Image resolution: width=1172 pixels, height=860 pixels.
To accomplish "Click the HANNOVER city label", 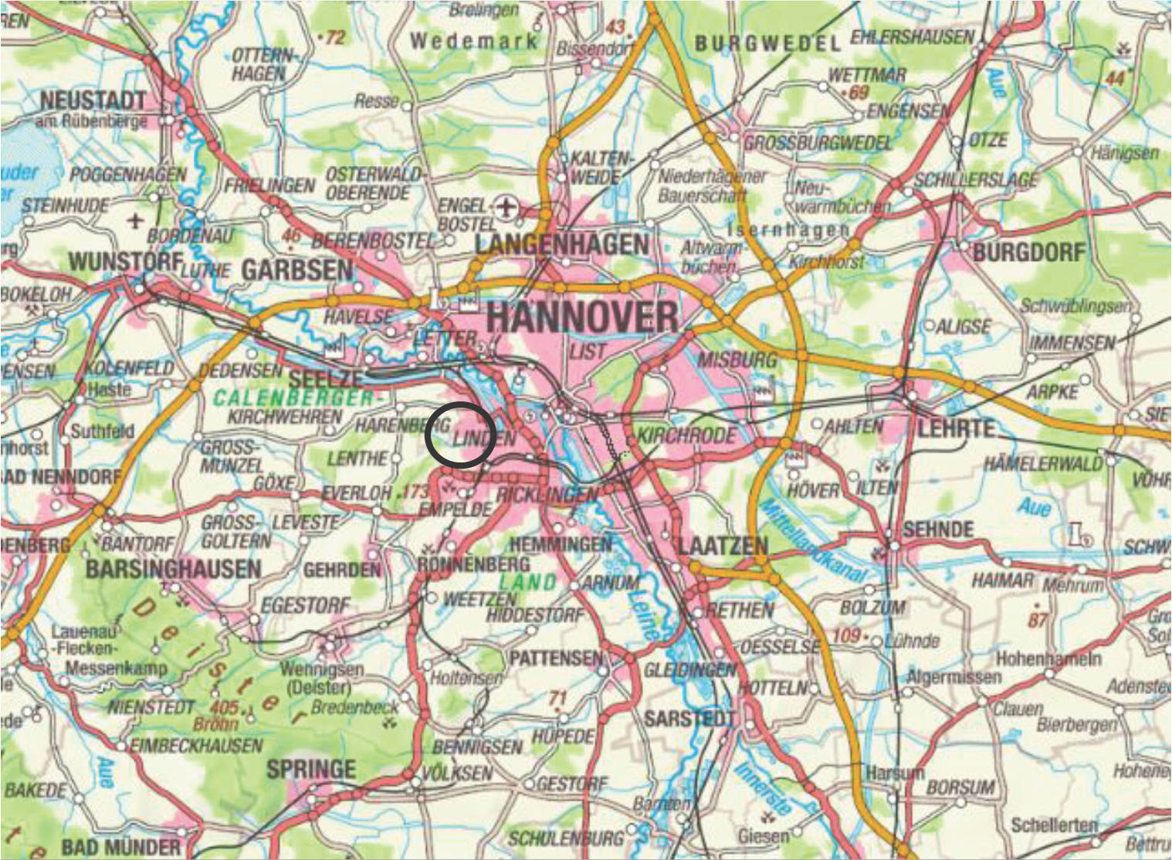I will click(x=583, y=317).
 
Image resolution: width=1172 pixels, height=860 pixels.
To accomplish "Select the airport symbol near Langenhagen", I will click(x=506, y=207).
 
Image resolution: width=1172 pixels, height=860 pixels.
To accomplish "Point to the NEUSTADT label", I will click(x=93, y=100).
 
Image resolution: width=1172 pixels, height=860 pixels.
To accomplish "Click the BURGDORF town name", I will click(x=1028, y=252).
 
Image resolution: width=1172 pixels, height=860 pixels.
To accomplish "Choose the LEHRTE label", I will click(x=956, y=428).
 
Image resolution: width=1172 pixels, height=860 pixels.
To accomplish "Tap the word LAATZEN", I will click(x=723, y=546).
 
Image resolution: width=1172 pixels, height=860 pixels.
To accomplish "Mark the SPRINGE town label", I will click(x=311, y=769).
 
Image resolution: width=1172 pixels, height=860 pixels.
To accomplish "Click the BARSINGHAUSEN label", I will click(x=173, y=570).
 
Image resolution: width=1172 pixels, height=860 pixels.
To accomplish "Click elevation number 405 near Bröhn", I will click(x=224, y=707).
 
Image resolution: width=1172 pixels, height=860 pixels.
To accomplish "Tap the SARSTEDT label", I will click(x=689, y=719).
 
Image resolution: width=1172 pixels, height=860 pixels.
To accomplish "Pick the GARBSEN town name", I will click(x=296, y=270).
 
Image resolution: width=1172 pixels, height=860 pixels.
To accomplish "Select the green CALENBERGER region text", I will click(x=293, y=398).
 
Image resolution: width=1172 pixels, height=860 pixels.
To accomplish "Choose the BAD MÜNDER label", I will click(x=120, y=847).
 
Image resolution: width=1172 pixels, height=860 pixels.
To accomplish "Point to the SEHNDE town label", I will click(x=938, y=530).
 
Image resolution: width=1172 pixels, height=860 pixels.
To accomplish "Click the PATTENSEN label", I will click(x=555, y=658).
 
